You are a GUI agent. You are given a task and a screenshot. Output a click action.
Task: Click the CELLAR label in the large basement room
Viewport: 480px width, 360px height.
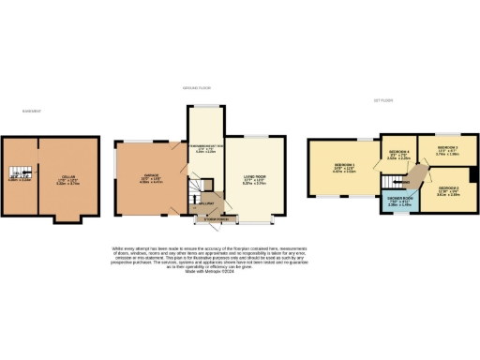click(67, 176)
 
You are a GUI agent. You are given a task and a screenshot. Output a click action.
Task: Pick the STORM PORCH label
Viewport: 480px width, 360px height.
click(206, 219)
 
